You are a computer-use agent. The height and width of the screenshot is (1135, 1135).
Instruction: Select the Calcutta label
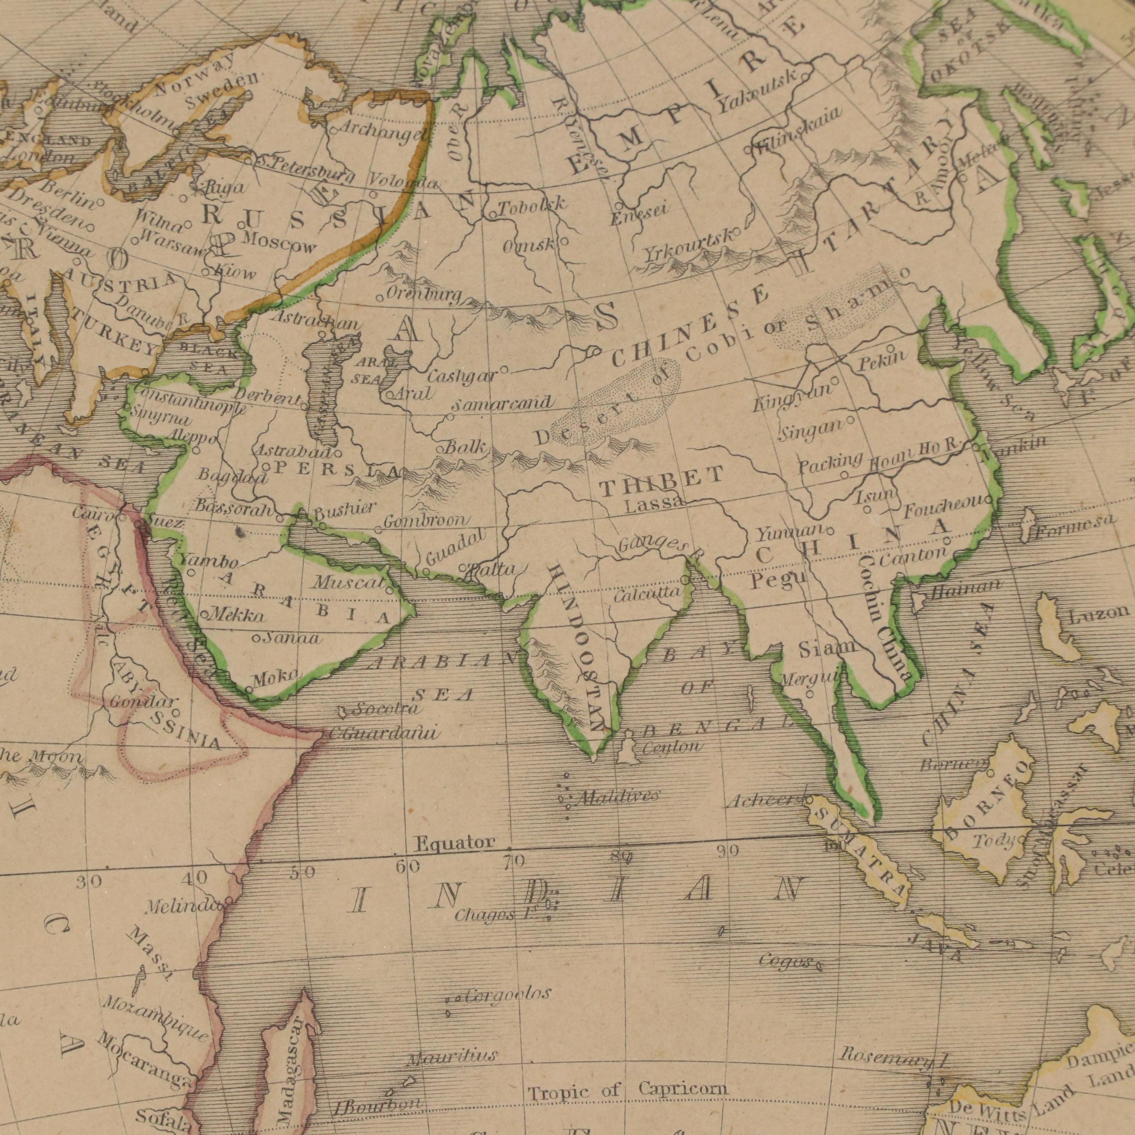(647, 594)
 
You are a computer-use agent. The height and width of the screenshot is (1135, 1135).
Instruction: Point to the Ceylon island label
(671, 748)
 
